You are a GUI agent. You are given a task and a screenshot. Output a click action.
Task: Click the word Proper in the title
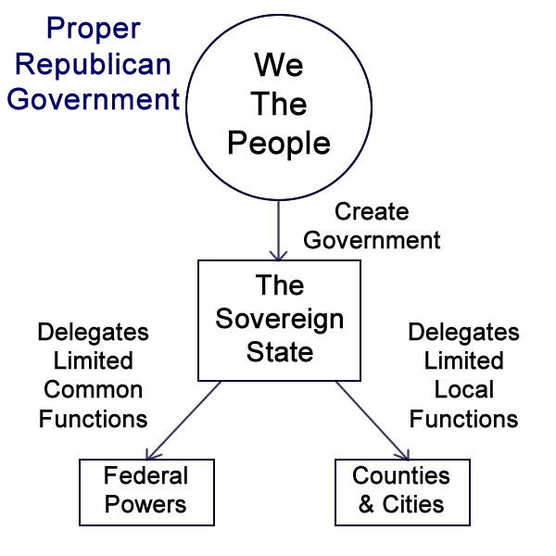[94, 31]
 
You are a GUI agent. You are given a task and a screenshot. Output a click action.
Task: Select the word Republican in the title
[94, 64]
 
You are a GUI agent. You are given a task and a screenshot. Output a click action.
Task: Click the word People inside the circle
[279, 144]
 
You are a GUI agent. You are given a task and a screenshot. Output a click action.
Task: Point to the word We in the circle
[279, 66]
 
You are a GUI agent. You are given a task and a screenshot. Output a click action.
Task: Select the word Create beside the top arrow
[372, 211]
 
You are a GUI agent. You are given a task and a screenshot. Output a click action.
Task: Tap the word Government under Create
[372, 240]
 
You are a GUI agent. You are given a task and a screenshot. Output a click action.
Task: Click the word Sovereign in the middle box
[279, 320]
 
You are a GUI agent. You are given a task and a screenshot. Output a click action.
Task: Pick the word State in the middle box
[279, 352]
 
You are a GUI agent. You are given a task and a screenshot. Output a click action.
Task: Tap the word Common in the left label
[93, 389]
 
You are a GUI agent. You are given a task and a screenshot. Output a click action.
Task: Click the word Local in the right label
[463, 389]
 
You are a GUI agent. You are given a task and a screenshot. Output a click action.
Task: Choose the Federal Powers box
[146, 492]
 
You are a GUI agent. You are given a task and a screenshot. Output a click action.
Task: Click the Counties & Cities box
[401, 491]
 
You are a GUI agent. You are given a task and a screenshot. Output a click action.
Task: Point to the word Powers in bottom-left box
[146, 506]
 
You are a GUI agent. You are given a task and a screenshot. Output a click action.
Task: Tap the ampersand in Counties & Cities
[365, 506]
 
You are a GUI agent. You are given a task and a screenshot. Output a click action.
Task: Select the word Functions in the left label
[93, 419]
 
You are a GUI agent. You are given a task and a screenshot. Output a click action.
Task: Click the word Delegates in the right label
[463, 332]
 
